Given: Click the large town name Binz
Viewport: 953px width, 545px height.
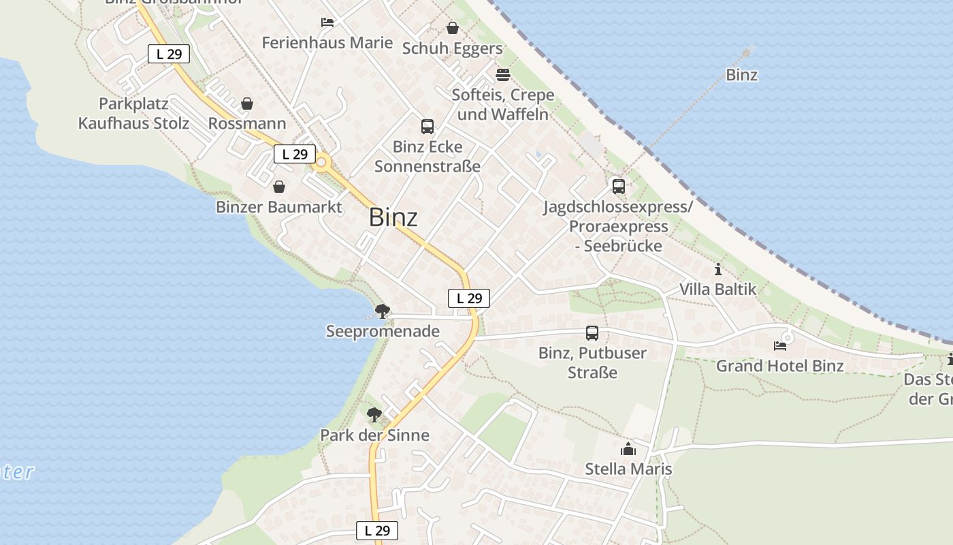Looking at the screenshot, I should (393, 217).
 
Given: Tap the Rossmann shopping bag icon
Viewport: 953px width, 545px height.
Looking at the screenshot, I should (247, 104).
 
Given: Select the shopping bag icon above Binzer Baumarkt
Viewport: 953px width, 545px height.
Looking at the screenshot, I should (279, 187).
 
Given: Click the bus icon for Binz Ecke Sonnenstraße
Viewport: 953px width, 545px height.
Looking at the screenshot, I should (427, 126).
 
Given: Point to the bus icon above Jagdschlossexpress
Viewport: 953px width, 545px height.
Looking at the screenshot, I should (618, 186).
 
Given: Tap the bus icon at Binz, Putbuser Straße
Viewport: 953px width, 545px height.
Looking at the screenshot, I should (592, 333).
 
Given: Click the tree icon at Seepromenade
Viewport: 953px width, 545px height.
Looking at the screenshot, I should (383, 311).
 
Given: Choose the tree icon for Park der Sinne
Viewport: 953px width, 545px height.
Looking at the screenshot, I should (374, 414).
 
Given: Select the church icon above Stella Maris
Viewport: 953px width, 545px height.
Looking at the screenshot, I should (628, 449).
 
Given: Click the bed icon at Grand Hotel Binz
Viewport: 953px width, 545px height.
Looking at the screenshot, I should (780, 346).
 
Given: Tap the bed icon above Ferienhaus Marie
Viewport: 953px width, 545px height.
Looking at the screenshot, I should (327, 22).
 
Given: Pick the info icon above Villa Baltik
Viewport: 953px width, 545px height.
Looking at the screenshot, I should (717, 269).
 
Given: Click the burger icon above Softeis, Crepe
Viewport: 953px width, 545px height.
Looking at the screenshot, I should (503, 74).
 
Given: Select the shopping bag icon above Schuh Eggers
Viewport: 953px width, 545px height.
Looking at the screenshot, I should (453, 28).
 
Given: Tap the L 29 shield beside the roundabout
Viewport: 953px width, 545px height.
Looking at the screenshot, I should (295, 154).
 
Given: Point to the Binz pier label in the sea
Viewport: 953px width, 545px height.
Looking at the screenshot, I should (742, 75).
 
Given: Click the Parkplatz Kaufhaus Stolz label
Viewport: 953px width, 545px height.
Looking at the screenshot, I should (133, 114).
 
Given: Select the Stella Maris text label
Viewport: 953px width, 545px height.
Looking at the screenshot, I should (628, 469).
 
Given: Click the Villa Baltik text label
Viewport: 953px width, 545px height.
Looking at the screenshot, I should (717, 290).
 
